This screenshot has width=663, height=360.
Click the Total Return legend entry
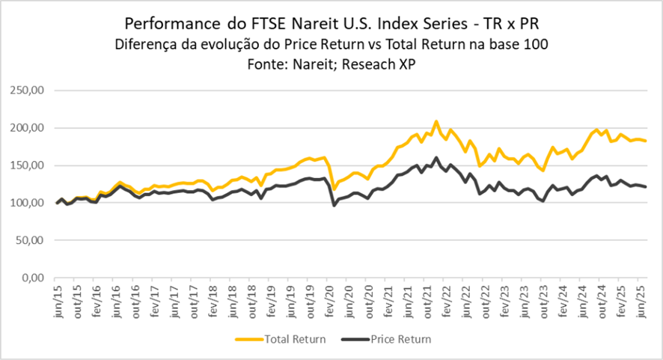[x=294, y=339]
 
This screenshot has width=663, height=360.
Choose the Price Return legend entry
[x=401, y=339]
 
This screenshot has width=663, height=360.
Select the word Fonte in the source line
[x=265, y=64]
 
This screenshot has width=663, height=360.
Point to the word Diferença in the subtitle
[x=144, y=44]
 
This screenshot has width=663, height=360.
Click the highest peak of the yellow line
[x=436, y=121]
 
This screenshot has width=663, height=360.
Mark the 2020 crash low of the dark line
[x=334, y=205]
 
